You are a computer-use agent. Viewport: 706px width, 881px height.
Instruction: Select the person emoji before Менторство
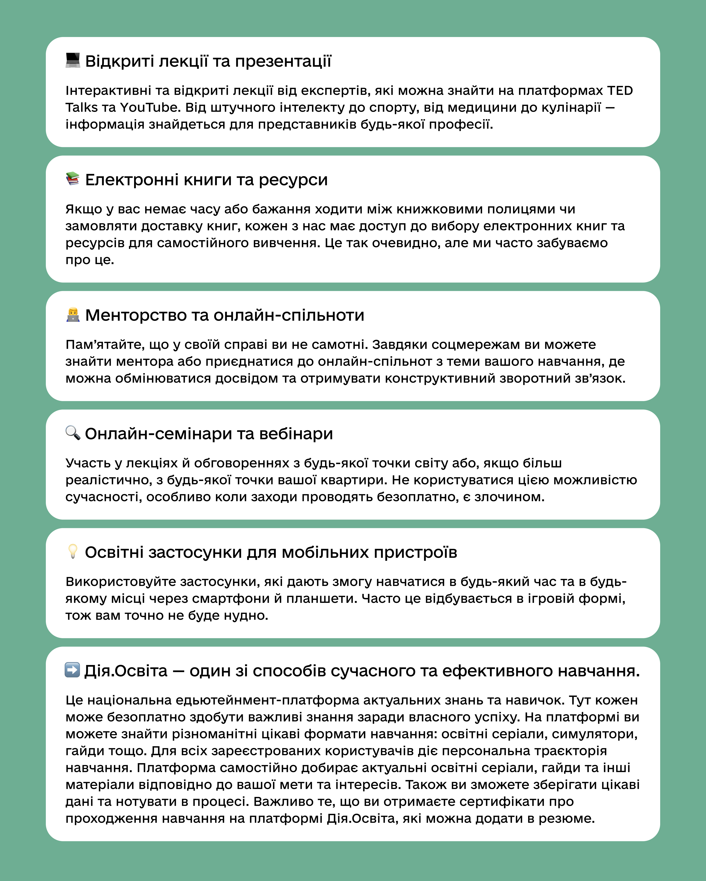point(73,315)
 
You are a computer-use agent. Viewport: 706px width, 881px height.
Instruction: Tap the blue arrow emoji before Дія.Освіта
point(72,670)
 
